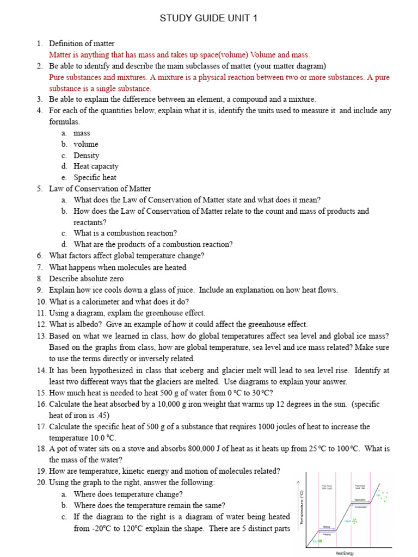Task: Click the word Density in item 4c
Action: pyautogui.click(x=86, y=155)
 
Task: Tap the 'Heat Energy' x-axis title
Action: pyautogui.click(x=344, y=553)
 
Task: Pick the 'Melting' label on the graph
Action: pyautogui.click(x=327, y=527)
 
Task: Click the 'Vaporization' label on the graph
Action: pyautogui.click(x=360, y=500)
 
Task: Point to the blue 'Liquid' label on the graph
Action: pyautogui.click(x=347, y=521)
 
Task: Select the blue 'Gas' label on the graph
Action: pyautogui.click(x=378, y=495)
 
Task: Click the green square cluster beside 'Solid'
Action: pyautogui.click(x=321, y=541)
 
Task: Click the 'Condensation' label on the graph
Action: pyautogui.click(x=360, y=507)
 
